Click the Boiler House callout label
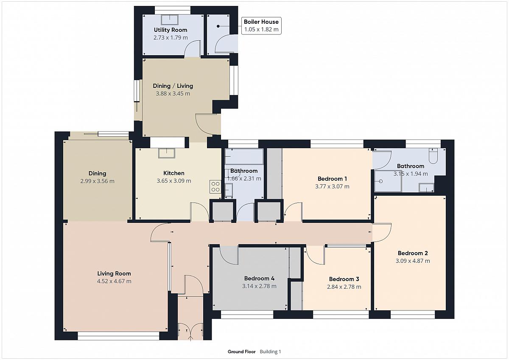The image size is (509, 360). [x=261, y=26]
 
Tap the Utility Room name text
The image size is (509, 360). [x=171, y=30]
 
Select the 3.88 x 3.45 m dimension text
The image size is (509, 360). [x=173, y=93]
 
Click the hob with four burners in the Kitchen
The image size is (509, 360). [x=215, y=186]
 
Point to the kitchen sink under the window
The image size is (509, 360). [x=167, y=153]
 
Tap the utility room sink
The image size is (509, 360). [x=170, y=20]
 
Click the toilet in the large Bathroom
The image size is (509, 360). [x=433, y=156]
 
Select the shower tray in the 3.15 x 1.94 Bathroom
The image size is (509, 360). [x=388, y=181]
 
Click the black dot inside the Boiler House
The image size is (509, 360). [x=218, y=26]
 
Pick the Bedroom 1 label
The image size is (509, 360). [x=332, y=179]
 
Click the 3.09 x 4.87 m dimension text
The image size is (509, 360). [x=413, y=261]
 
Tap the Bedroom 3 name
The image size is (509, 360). [x=344, y=279]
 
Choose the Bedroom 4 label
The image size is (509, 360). [x=259, y=278]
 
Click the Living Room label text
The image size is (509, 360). [x=114, y=273]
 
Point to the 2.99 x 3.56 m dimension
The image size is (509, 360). [x=97, y=181]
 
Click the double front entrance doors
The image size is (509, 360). [x=190, y=332]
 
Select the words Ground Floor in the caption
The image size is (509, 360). [x=241, y=352]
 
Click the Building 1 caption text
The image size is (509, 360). [x=271, y=352]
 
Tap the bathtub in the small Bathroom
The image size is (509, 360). [x=244, y=157]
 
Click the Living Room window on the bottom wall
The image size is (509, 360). [x=118, y=336]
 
